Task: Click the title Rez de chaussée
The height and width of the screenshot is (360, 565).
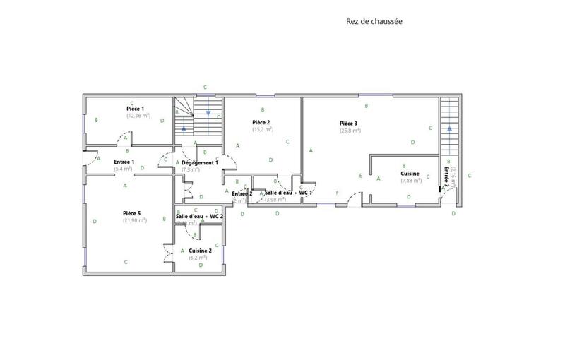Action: click(374, 21)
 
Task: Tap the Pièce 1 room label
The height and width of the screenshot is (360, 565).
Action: click(135, 109)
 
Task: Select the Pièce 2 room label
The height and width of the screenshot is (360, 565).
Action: click(261, 122)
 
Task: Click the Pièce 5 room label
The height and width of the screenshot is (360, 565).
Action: click(132, 212)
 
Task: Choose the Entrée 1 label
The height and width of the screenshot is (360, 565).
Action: click(124, 162)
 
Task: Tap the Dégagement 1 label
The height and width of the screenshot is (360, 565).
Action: click(200, 162)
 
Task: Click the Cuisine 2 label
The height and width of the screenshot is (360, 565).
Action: click(200, 251)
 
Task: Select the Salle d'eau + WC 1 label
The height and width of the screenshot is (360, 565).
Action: click(288, 192)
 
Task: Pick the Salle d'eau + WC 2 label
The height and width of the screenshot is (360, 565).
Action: click(200, 216)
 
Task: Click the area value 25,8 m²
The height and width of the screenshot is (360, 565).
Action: click(350, 131)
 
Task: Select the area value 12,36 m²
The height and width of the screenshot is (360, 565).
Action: click(138, 116)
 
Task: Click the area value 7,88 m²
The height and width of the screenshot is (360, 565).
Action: click(411, 181)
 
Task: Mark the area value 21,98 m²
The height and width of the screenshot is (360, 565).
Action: click(133, 220)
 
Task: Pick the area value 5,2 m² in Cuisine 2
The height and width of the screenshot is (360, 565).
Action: click(198, 258)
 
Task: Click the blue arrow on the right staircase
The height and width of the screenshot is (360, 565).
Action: click(448, 128)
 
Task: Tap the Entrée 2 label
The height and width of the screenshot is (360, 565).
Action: click(242, 193)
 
